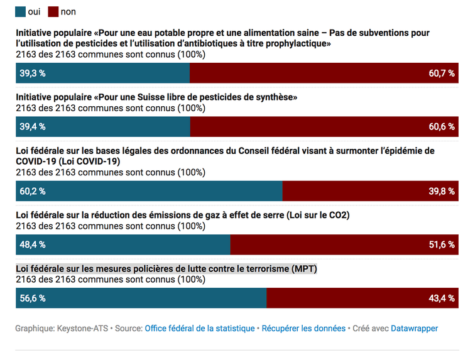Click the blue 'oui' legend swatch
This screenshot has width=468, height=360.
click(x=21, y=12)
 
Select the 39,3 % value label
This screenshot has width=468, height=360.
click(x=33, y=74)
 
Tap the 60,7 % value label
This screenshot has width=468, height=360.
click(x=442, y=74)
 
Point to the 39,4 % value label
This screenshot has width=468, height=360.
click(x=33, y=126)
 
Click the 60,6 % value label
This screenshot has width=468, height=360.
click(x=442, y=126)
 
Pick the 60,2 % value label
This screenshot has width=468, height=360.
click(x=33, y=191)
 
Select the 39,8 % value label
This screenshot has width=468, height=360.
click(x=442, y=191)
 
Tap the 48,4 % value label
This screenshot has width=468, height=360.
click(x=33, y=244)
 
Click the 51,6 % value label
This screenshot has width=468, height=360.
click(x=442, y=244)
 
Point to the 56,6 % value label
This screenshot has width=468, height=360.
click(x=33, y=298)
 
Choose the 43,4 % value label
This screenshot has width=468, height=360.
click(x=442, y=298)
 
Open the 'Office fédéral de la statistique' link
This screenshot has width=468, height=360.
click(x=200, y=329)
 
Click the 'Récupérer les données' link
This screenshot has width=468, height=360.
click(x=303, y=329)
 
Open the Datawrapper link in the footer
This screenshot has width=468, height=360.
click(x=415, y=329)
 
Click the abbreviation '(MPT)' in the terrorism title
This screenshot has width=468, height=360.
click(x=305, y=269)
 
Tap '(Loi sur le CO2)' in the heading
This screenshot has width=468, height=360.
click(x=318, y=215)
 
